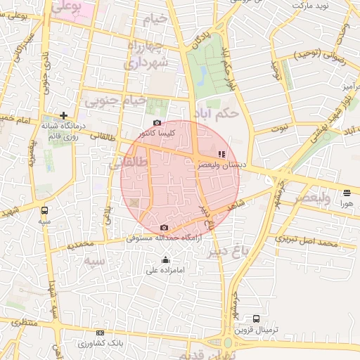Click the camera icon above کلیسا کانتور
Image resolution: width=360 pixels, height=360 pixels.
[157, 123]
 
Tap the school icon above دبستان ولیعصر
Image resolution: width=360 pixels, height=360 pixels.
[221, 153]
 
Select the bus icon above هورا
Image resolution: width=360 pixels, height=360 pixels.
[347, 193]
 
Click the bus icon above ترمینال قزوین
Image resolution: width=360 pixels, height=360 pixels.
[256, 319]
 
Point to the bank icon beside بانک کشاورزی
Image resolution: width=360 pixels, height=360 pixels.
[100, 333]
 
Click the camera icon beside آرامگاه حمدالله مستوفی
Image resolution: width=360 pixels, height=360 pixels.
[164, 227]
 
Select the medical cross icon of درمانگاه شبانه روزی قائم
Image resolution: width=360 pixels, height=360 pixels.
[64, 115]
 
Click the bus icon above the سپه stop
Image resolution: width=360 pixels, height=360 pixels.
[45, 210]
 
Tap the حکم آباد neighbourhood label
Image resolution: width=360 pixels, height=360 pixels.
[220, 112]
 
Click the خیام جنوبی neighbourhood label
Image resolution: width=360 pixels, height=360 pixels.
[115, 101]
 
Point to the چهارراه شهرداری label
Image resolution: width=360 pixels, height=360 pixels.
[147, 55]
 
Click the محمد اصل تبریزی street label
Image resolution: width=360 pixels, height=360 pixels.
[307, 243]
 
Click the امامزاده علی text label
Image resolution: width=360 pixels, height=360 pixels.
[165, 270]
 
